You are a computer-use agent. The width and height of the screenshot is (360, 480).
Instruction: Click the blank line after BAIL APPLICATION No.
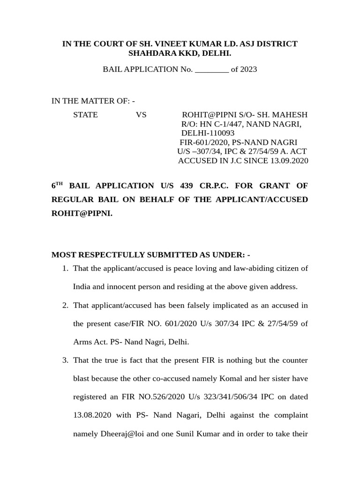coord(211,69)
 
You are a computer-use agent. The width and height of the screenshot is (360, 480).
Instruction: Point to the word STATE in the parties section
coord(85,115)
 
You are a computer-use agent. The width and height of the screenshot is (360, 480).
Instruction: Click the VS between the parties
coord(141,115)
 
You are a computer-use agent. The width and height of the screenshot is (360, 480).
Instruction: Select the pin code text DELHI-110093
coord(208,133)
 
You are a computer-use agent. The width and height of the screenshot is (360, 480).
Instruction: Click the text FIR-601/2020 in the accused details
coord(202,142)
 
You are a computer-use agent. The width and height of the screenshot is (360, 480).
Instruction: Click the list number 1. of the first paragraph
coord(65,268)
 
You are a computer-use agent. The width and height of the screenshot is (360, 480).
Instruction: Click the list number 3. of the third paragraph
coord(65,360)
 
